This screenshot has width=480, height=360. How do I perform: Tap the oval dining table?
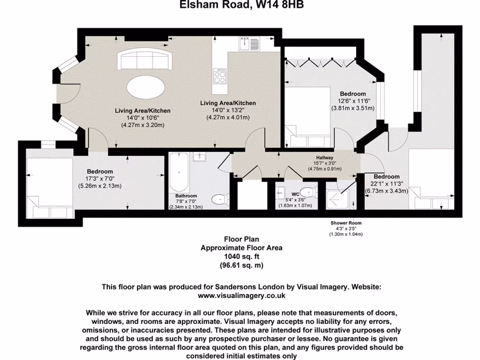146,87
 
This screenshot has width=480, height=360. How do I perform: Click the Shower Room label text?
346,223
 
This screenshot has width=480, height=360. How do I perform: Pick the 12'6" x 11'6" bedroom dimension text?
352,101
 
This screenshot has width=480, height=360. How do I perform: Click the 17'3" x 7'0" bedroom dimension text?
99,179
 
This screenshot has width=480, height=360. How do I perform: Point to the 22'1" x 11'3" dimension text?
387,183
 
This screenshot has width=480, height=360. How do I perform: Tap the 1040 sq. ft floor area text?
241,256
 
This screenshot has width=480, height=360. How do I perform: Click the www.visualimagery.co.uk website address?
241,296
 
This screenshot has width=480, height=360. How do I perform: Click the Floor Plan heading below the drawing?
241,239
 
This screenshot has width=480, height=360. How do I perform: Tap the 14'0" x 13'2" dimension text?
228,110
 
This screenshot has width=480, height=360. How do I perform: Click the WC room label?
295,194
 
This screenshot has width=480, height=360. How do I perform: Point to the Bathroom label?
186,195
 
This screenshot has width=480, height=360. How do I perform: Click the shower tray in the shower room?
337,199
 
